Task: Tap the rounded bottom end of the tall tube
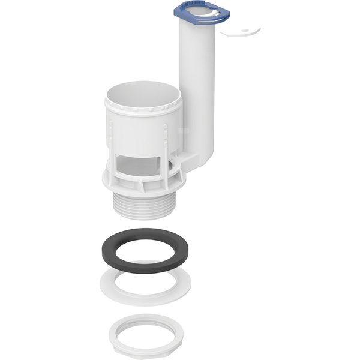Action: [200, 157]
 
